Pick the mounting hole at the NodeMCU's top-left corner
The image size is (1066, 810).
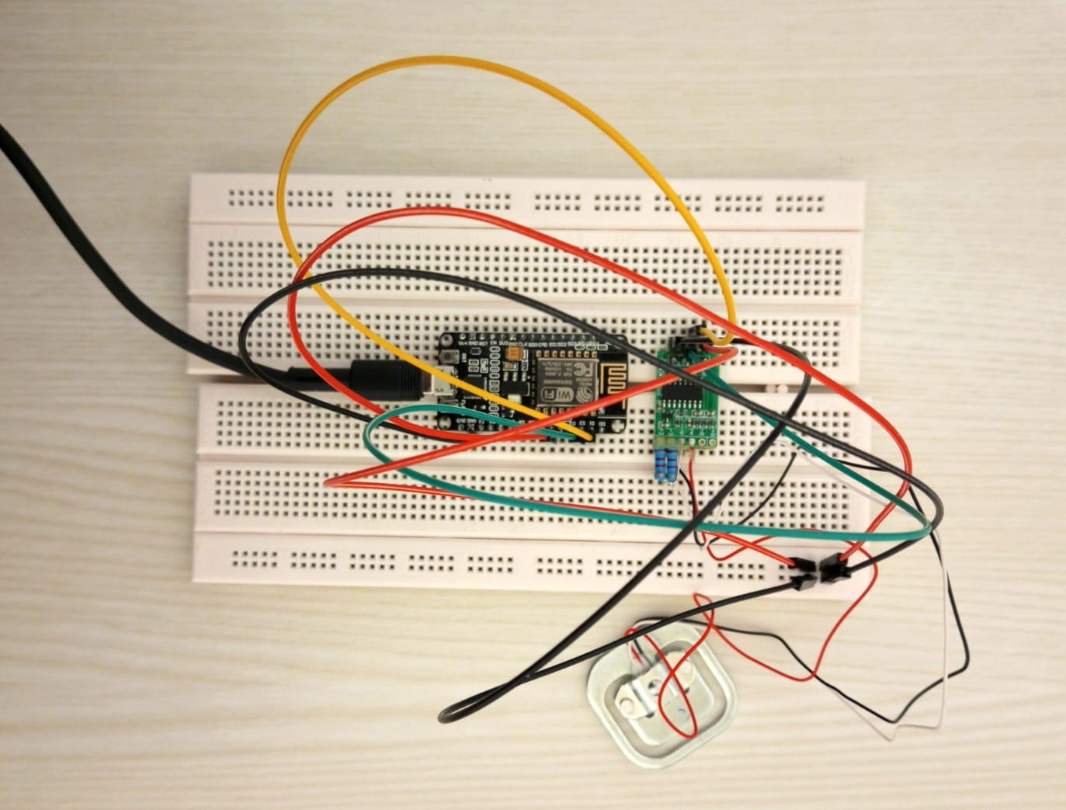click(446, 339)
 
